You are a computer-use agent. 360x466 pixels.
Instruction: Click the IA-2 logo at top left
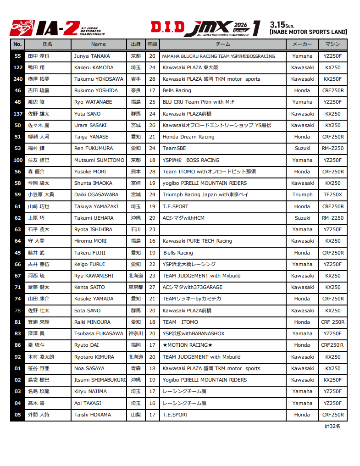click(58, 28)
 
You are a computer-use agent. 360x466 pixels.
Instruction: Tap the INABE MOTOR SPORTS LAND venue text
click(308, 32)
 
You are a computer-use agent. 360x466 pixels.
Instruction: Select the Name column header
click(98, 44)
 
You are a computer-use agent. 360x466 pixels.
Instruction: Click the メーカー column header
click(302, 44)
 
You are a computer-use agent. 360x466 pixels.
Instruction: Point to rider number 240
click(17, 79)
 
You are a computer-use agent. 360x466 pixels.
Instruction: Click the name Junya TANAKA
click(92, 56)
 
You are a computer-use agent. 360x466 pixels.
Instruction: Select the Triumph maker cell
click(302, 194)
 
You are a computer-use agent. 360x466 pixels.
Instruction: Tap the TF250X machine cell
click(332, 194)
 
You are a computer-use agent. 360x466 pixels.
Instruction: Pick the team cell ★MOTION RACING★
click(188, 345)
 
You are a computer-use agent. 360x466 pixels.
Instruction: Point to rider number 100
click(17, 160)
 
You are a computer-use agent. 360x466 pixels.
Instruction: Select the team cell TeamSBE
click(174, 148)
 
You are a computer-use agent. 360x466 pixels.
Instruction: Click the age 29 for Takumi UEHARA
click(152, 218)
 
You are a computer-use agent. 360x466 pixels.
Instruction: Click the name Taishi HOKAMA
click(93, 415)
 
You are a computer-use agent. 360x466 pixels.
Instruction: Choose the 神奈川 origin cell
click(136, 333)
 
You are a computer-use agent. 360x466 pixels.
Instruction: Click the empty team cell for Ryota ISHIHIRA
click(222, 229)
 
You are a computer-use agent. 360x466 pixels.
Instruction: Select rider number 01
click(17, 368)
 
